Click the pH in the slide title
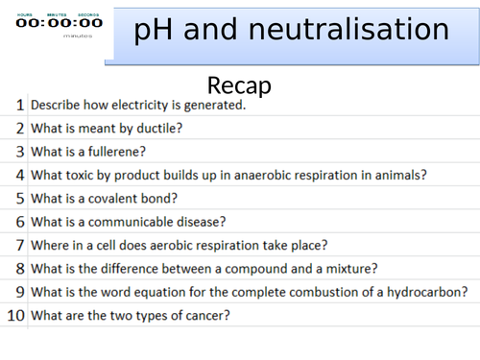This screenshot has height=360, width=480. click(154, 32)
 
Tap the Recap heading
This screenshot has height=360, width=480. click(239, 84)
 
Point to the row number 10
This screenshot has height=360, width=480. click(15, 314)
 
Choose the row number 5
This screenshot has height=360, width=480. click(19, 198)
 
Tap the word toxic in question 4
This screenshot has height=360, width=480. click(84, 175)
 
